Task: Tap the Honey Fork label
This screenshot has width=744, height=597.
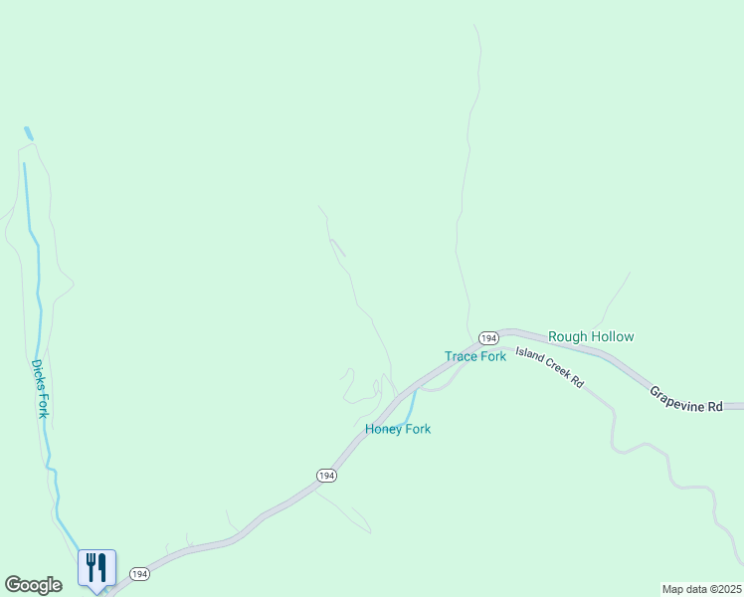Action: pos(398,429)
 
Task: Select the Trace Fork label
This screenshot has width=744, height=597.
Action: pos(475,356)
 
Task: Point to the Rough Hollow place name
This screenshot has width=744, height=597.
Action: pos(591,337)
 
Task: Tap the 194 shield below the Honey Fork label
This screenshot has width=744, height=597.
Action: pos(326,476)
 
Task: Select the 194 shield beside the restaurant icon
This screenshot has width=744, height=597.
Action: pos(139,574)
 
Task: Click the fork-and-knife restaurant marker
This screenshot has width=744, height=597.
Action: pos(97,568)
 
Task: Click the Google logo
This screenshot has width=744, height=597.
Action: pos(33,585)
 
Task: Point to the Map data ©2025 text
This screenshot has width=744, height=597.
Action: pos(701,589)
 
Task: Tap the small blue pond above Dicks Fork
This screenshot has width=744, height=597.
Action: pos(28,132)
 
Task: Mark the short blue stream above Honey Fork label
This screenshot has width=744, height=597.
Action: pos(410,404)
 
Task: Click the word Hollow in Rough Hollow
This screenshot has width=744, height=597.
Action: pos(613,337)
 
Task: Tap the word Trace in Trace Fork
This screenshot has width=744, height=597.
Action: pos(461,356)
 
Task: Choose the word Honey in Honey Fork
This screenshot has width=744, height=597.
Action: pos(382,429)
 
